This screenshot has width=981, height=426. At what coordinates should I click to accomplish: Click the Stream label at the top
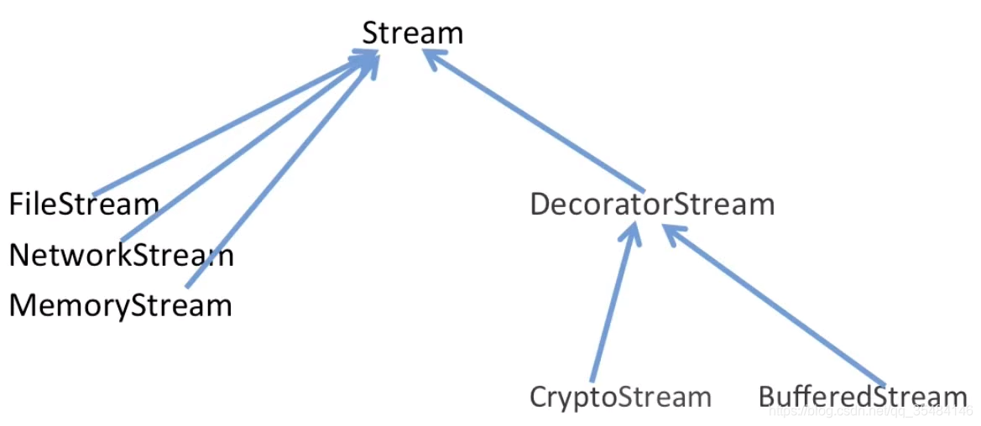click(x=412, y=34)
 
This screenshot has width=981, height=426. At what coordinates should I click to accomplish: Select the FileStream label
click(x=84, y=204)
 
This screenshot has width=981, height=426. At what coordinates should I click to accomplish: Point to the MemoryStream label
click(x=120, y=306)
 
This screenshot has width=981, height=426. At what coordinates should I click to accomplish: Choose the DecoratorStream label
click(x=652, y=205)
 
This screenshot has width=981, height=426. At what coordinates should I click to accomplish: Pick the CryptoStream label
click(x=620, y=397)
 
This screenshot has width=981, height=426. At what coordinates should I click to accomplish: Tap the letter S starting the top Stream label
click(x=371, y=34)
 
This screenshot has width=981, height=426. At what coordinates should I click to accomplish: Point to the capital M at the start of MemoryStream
click(x=22, y=306)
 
